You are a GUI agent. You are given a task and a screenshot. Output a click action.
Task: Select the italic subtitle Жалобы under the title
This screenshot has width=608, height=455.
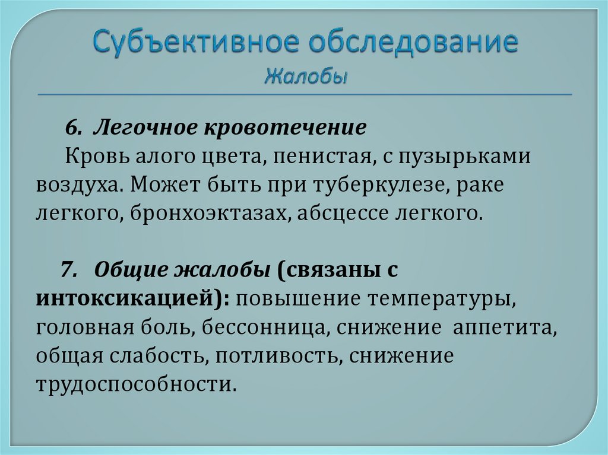(x=306, y=77)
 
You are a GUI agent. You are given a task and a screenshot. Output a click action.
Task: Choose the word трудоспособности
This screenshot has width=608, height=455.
(x=135, y=384)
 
